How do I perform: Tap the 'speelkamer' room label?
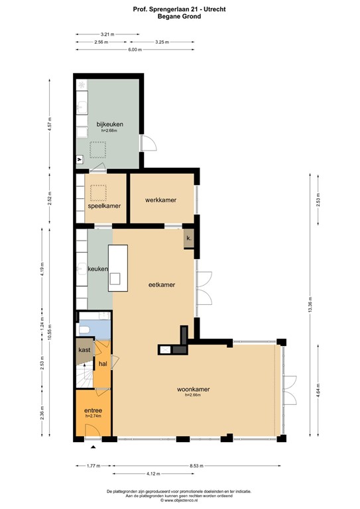(104, 206)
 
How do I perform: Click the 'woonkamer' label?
(193, 389)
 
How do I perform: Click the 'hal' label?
(103, 364)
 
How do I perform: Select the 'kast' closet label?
(84, 349)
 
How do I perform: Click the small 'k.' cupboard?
(189, 239)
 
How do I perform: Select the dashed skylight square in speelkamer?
(98, 192)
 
